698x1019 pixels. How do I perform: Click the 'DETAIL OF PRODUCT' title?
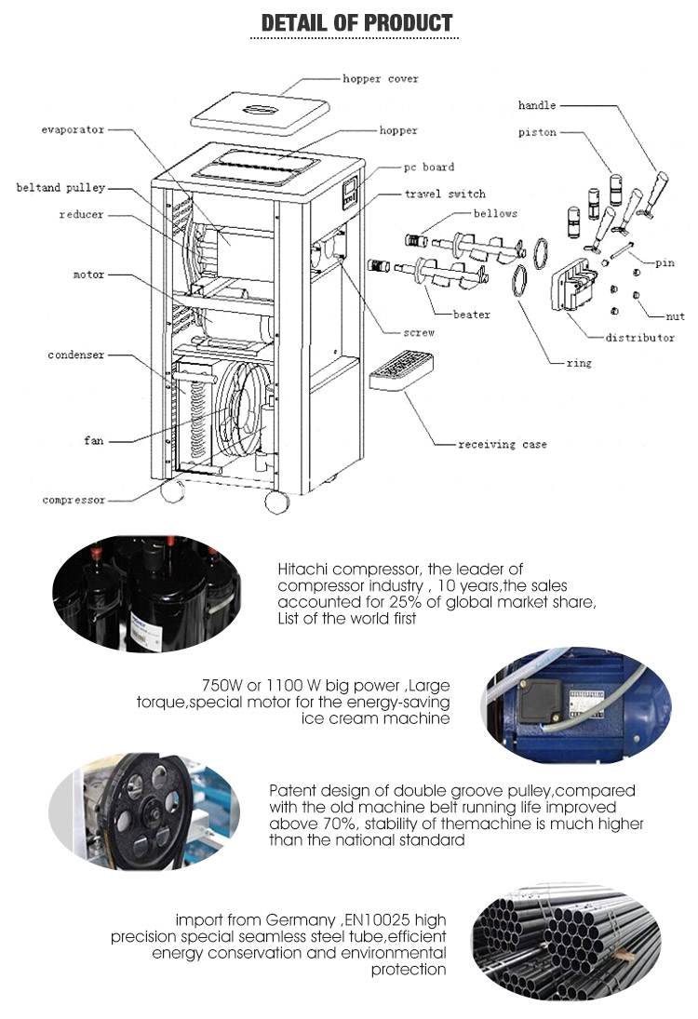357,22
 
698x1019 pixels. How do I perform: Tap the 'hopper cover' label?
380,80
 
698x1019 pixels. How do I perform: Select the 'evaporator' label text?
73,130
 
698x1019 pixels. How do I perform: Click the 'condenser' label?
76,355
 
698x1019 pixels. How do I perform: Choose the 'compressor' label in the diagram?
74,501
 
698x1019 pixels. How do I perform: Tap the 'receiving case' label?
503,445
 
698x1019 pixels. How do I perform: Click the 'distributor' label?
639,338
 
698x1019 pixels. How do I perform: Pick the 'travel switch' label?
445,194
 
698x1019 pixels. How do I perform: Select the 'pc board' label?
428,168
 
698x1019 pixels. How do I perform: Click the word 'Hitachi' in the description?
300,569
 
